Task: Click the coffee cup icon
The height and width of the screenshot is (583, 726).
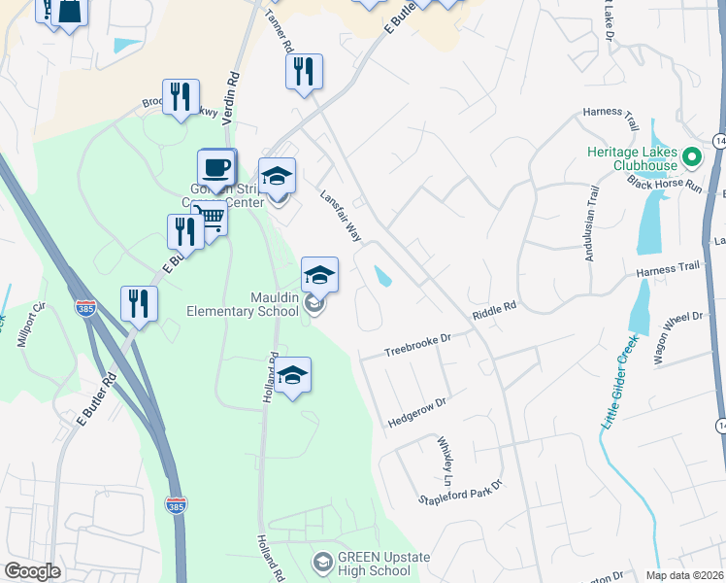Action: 216,166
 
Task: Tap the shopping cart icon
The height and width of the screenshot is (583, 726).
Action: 210,217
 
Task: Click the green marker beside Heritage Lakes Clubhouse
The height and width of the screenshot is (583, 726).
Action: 691,155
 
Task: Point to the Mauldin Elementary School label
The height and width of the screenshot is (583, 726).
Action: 243,305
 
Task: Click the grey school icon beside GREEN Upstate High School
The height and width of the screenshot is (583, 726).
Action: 322,562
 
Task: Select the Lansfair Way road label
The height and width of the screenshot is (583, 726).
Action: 341,217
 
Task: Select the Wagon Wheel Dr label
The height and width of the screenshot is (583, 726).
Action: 677,338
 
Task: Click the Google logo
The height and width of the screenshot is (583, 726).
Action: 33,571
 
